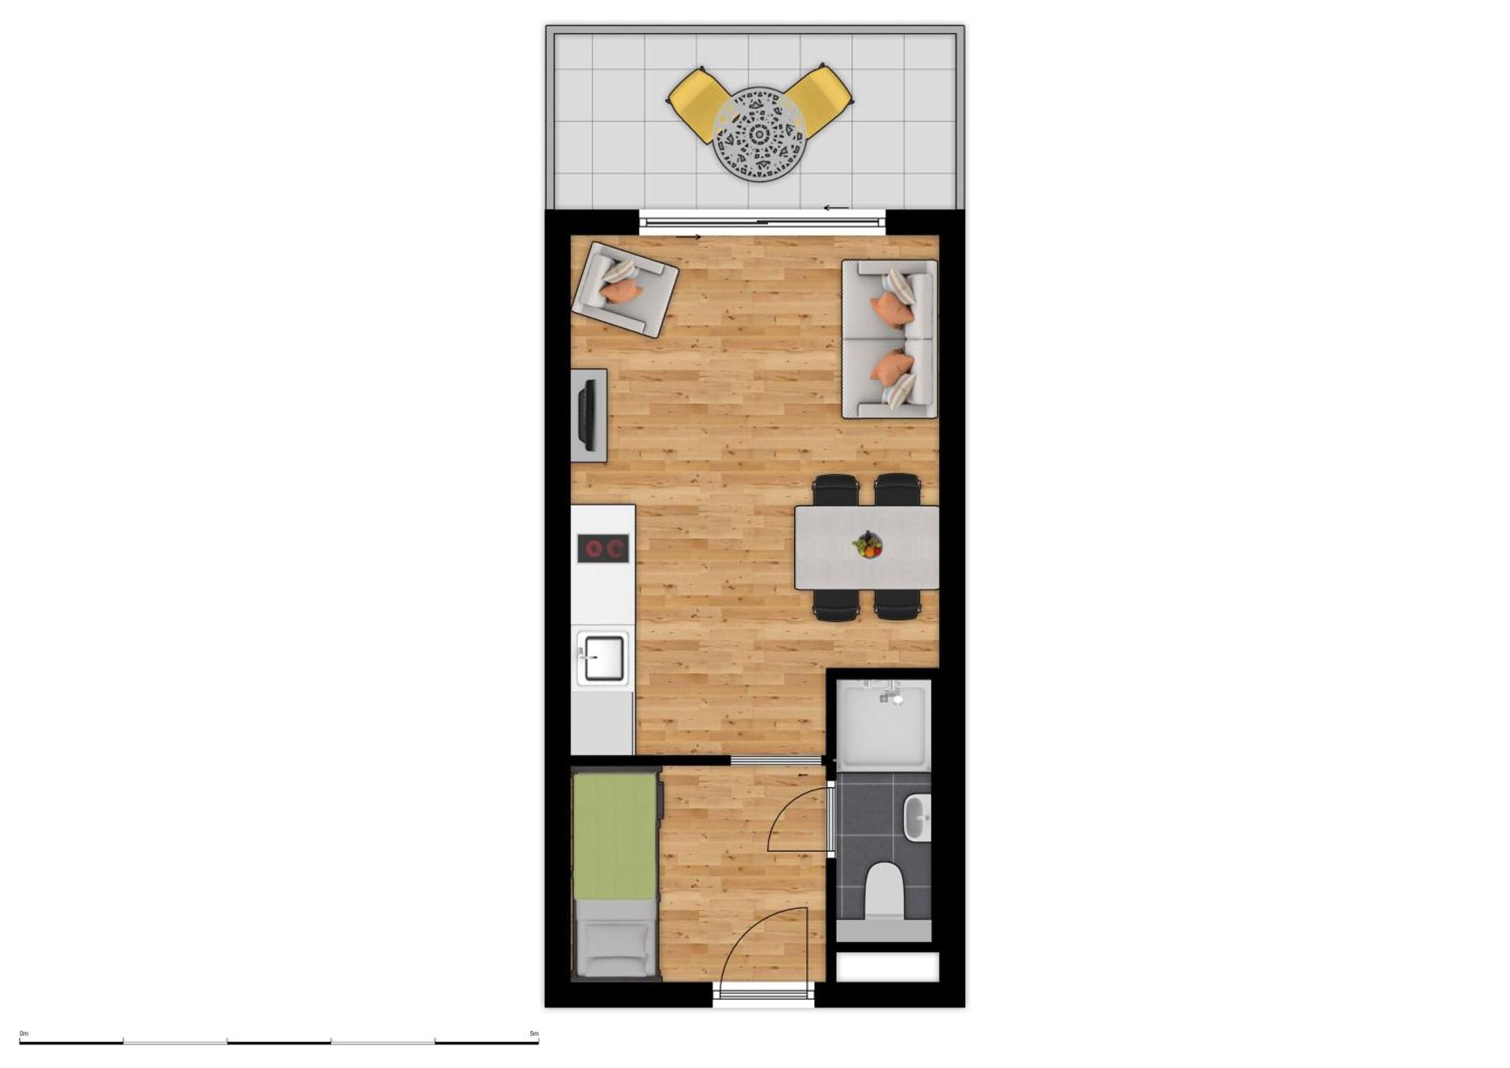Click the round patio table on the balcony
click(x=759, y=134)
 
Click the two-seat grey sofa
click(x=889, y=339)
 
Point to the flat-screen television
click(x=587, y=414)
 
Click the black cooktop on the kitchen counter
click(x=603, y=548)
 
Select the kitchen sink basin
click(x=603, y=658)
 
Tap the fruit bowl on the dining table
click(x=867, y=544)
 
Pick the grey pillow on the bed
click(x=614, y=949)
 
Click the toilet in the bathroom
click(x=884, y=890)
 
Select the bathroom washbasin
click(x=917, y=818)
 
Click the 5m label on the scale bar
click(x=534, y=1033)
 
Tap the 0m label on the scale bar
click(x=24, y=1033)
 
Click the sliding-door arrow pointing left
click(x=836, y=208)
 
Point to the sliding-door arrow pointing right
click(x=688, y=237)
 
